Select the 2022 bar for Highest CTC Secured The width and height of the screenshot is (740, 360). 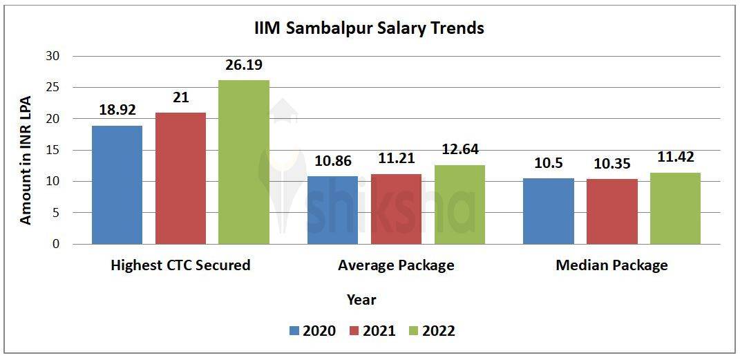click(244, 162)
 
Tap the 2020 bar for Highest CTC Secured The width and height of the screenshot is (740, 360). click(117, 184)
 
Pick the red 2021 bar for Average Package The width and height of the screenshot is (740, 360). click(396, 209)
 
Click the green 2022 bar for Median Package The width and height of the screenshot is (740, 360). click(675, 208)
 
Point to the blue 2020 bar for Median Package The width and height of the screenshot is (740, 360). click(548, 211)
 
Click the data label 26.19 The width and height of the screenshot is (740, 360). click(244, 66)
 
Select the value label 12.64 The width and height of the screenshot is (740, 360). click(459, 150)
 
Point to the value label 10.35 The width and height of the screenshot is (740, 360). click(611, 164)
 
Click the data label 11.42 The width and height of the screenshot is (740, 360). click(675, 158)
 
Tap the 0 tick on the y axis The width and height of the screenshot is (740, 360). click(56, 245)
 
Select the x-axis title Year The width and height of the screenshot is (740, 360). click(361, 300)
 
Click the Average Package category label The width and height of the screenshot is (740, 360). click(396, 265)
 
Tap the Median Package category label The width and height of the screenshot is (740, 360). click(611, 265)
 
